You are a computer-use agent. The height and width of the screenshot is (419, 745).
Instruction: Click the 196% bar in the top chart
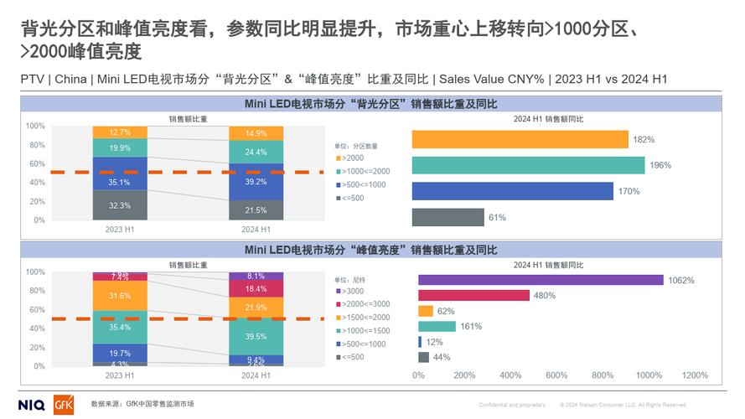click(x=528, y=165)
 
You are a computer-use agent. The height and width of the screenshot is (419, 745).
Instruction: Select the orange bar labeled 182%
click(x=520, y=139)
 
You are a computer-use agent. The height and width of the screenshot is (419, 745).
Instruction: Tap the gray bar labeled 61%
click(x=448, y=217)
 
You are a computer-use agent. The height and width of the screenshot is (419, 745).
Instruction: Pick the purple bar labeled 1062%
click(x=541, y=280)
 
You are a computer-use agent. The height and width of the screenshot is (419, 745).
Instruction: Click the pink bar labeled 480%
click(x=473, y=295)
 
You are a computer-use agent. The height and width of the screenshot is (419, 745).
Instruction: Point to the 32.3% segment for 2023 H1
click(x=119, y=204)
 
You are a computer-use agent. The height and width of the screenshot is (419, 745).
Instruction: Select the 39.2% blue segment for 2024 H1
click(x=256, y=181)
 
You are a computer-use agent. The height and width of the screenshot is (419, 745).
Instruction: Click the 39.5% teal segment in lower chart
click(x=256, y=336)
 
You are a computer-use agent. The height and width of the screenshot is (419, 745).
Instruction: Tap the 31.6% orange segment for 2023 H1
click(x=119, y=296)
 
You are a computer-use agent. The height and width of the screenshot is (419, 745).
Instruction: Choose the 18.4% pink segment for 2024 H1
click(x=256, y=289)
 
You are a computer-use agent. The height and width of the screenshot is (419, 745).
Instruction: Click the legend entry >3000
click(x=350, y=291)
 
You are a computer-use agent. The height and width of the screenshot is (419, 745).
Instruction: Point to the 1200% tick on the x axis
click(x=695, y=375)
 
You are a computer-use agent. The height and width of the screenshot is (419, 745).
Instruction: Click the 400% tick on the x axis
click(x=510, y=375)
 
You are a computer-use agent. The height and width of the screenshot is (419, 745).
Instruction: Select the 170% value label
click(x=629, y=191)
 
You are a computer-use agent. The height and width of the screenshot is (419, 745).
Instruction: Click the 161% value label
click(x=471, y=326)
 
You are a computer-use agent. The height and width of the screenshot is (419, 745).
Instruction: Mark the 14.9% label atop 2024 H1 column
click(x=256, y=133)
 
